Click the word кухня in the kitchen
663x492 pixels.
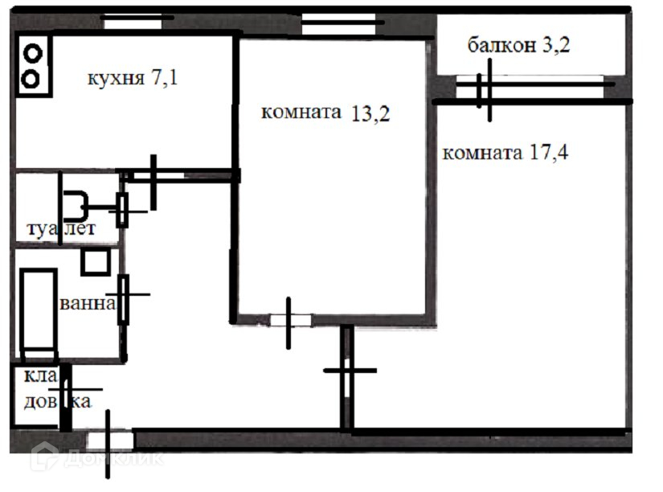(115, 79)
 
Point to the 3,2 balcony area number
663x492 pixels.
(555, 45)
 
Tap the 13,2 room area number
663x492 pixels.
(370, 113)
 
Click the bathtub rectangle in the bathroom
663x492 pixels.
(37, 314)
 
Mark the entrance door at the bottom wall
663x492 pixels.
(109, 440)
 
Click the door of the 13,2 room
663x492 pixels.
(289, 321)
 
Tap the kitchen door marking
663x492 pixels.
(153, 175)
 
